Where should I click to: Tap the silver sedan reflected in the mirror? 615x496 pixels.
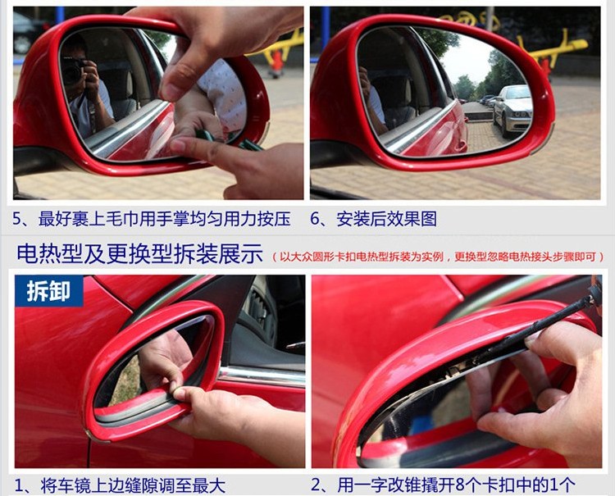point(512,110)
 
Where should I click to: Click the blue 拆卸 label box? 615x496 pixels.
point(49,290)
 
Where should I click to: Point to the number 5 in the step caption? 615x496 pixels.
point(18,219)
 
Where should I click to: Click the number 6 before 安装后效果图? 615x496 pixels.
point(316,219)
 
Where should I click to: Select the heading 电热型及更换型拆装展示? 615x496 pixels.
point(139,253)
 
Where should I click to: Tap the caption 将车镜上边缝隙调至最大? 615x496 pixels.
point(133,486)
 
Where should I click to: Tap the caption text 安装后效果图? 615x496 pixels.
point(387,219)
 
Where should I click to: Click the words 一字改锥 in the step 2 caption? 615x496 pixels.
point(388,485)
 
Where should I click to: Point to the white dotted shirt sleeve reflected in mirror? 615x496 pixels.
point(225,95)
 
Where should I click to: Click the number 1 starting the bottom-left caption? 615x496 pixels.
point(18,486)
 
